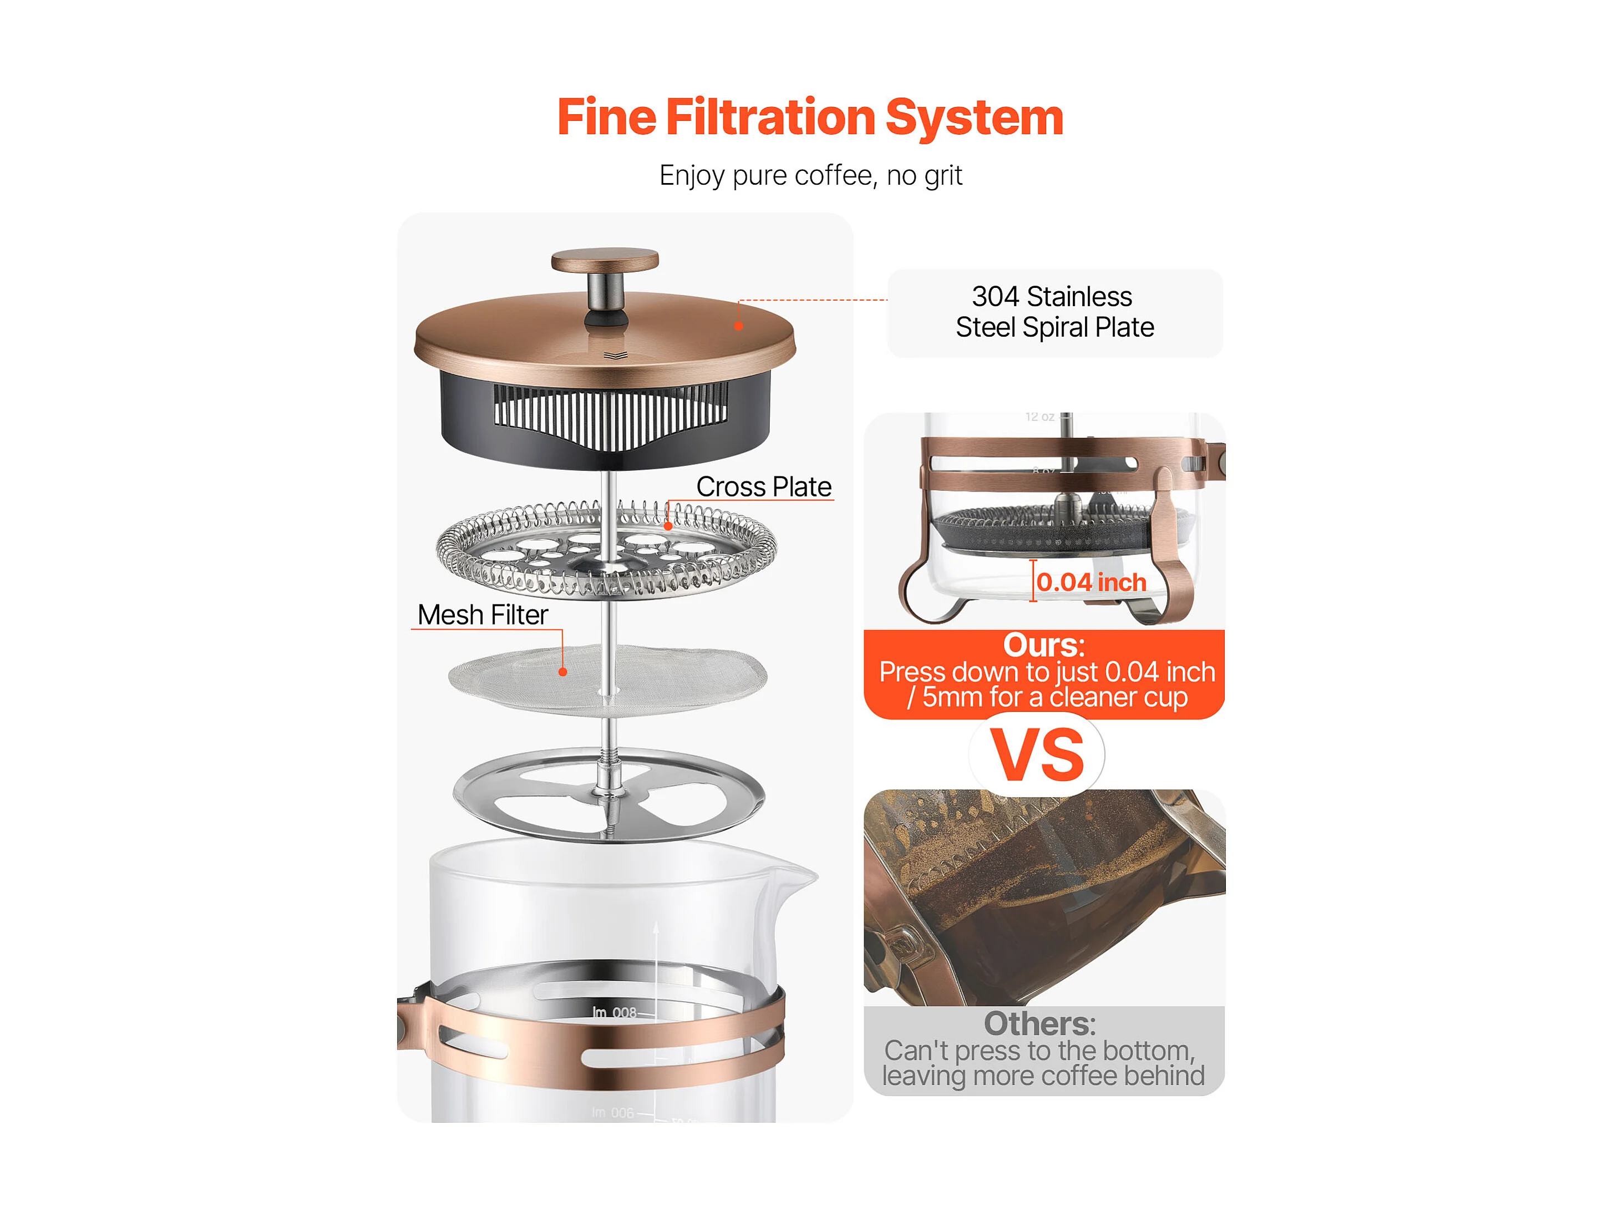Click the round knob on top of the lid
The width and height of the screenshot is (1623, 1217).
click(605, 260)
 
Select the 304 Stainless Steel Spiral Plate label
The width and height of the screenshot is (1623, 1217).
click(1054, 312)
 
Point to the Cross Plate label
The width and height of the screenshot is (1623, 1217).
click(764, 486)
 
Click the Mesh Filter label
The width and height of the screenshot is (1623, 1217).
click(483, 615)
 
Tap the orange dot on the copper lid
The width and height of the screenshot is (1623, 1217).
click(739, 326)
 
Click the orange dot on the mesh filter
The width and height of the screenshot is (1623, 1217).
click(563, 671)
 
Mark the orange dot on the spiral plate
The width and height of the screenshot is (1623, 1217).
click(668, 526)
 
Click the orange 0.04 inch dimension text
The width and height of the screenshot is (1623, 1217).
click(1091, 582)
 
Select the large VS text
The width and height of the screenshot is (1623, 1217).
click(1037, 755)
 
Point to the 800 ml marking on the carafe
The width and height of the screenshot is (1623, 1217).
click(615, 1012)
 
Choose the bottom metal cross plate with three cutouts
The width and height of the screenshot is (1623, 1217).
click(609, 794)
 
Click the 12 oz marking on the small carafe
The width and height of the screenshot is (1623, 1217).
click(1039, 417)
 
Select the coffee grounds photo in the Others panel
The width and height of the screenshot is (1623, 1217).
click(1044, 897)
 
